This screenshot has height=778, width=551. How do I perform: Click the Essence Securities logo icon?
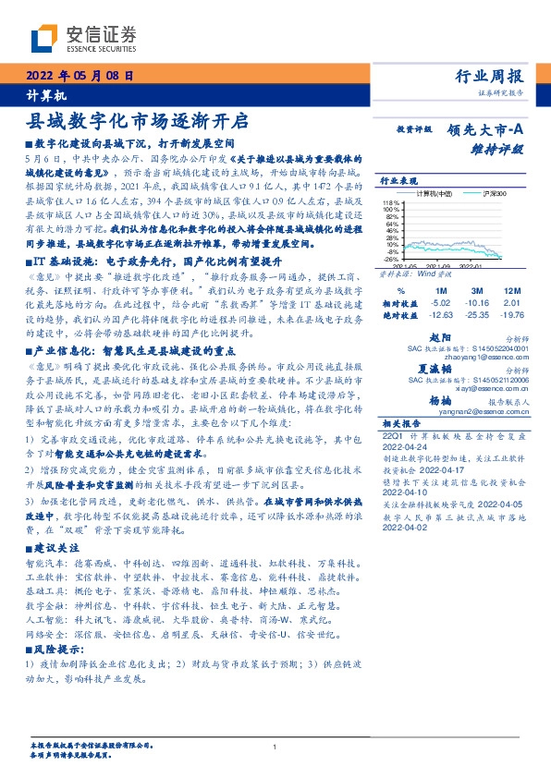(43, 37)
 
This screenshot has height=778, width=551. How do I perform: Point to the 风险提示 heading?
(56, 650)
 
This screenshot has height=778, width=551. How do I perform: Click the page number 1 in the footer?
(275, 748)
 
